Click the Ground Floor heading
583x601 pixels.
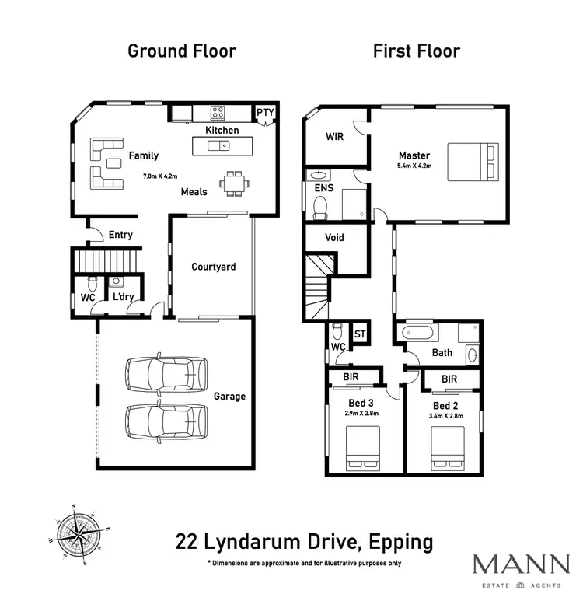click(181, 52)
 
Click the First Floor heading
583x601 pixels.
click(416, 52)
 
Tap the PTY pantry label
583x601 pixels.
click(266, 113)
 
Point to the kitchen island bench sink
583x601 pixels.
click(224, 145)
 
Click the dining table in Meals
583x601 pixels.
click(234, 184)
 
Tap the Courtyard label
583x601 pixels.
click(213, 267)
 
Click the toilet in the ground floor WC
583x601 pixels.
click(93, 282)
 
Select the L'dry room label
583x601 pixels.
click(123, 298)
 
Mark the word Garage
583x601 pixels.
click(229, 397)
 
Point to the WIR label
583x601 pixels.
click(334, 137)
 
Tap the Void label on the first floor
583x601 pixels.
click(334, 238)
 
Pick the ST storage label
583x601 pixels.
click(360, 334)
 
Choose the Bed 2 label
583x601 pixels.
click(445, 407)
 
